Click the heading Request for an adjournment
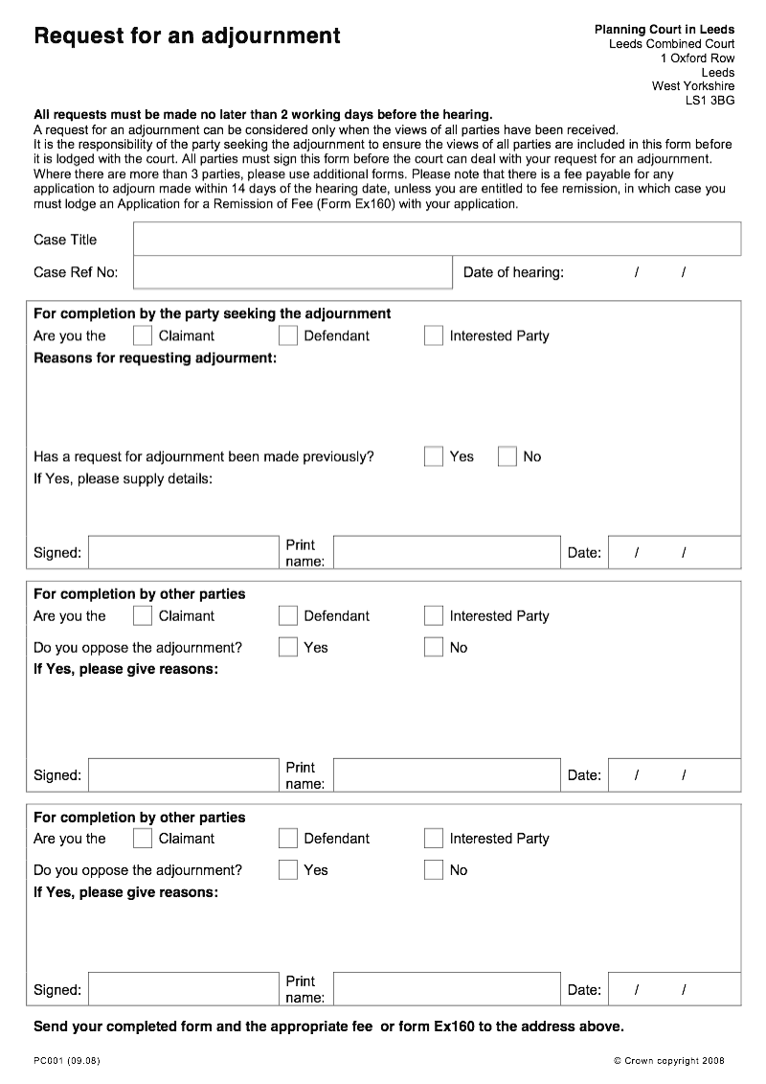click(x=187, y=36)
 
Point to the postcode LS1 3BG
click(x=710, y=100)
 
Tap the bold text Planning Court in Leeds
click(x=664, y=30)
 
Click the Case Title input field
click(x=437, y=239)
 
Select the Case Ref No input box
click(x=292, y=272)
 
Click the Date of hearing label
click(x=513, y=272)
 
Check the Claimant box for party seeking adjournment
click(x=143, y=335)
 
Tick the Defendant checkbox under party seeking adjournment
click(x=288, y=335)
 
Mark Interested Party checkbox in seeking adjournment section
click(x=434, y=335)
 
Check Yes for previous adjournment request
click(x=434, y=456)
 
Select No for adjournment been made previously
click(x=507, y=456)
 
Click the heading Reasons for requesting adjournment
click(x=155, y=357)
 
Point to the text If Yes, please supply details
click(x=123, y=478)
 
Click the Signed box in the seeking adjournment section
click(x=182, y=552)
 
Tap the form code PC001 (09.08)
click(x=66, y=1060)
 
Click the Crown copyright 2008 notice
click(x=668, y=1060)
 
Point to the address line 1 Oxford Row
click(x=697, y=58)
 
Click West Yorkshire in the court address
click(x=693, y=86)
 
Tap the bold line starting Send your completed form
click(x=328, y=1026)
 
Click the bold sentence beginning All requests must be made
click(x=262, y=114)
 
